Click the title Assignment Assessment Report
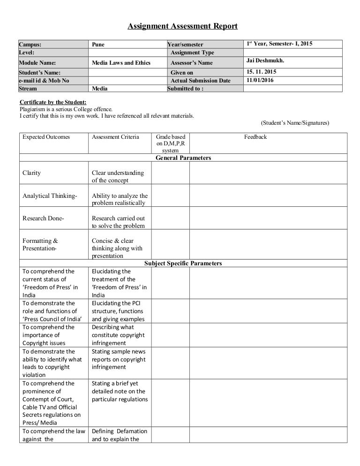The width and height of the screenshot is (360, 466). tap(183, 26)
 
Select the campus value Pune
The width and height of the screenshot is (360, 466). tap(98, 45)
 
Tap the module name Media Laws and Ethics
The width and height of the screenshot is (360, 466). tap(121, 62)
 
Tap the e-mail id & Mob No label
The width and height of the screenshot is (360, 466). tap(44, 80)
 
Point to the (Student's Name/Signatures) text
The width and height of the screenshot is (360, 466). tap(294, 123)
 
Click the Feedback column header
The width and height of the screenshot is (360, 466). tap(255, 137)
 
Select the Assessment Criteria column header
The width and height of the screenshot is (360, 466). tap(115, 137)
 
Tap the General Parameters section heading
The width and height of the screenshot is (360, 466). tap(183, 158)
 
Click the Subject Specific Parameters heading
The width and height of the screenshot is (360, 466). tap(183, 263)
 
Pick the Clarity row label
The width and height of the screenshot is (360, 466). tap(32, 173)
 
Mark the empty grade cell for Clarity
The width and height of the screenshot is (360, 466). tap(169, 176)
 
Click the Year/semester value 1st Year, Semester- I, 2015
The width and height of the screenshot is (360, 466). tap(279, 44)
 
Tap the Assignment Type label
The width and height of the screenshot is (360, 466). tap(192, 53)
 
